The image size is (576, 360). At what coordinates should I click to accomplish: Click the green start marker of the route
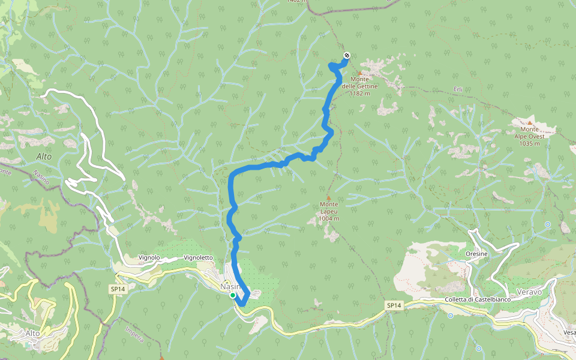pos(232,295)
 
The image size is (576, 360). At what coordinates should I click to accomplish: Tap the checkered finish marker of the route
pos(347,56)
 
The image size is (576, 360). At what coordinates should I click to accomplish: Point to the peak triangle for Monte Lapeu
pos(328,197)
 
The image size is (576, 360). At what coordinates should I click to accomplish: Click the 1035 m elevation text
pos(529,144)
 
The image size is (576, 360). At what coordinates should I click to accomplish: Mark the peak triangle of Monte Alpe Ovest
pos(529,122)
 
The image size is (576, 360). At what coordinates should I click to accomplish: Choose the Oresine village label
pos(476,254)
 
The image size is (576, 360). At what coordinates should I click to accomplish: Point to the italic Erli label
pos(458,89)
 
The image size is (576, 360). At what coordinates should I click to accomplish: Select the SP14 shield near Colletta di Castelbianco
pos(393,306)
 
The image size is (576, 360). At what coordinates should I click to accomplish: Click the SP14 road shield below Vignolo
pos(117,289)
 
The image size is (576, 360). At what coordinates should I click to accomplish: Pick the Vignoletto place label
pos(198,257)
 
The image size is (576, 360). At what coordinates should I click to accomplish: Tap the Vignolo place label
pos(149,257)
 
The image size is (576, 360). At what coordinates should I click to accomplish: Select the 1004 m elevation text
pos(329,218)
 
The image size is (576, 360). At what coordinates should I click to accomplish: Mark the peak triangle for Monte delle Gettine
pos(360,73)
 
